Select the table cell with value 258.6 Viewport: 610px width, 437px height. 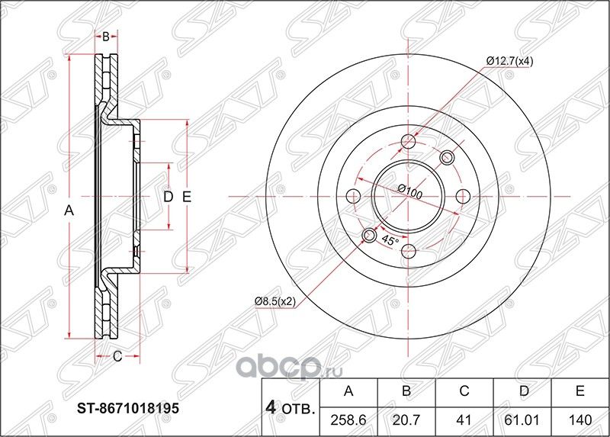tap(349, 420)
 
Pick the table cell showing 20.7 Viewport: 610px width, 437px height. tap(406, 420)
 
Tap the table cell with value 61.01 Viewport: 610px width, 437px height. tap(522, 420)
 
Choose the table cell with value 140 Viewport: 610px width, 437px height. tap(579, 420)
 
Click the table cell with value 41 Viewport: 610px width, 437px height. tap(464, 420)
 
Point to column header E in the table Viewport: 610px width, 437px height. tap(579, 391)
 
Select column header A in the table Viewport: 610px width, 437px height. tap(349, 391)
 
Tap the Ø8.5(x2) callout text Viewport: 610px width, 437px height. tap(276, 300)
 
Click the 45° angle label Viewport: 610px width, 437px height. tap(390, 241)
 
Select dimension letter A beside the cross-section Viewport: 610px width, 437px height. tap(68, 211)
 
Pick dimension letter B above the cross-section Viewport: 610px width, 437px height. tap(107, 36)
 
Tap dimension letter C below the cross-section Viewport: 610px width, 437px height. tap(117, 355)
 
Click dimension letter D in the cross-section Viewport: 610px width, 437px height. tap(169, 197)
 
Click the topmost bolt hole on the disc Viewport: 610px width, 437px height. tap(409, 141)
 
